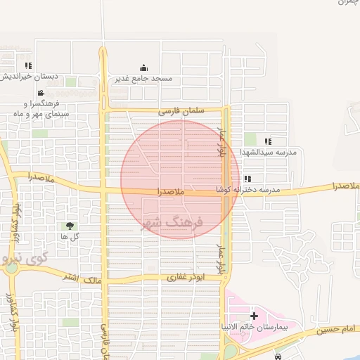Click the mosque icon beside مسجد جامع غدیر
(143, 68)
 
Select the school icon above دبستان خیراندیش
(28, 65)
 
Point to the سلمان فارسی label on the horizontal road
(180, 111)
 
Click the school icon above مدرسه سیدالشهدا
(267, 141)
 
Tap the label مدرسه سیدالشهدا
(269, 152)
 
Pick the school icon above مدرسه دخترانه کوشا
(248, 179)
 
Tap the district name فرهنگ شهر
(172, 222)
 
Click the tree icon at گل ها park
(70, 226)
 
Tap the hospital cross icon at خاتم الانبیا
(255, 317)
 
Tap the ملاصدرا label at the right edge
(345, 186)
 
